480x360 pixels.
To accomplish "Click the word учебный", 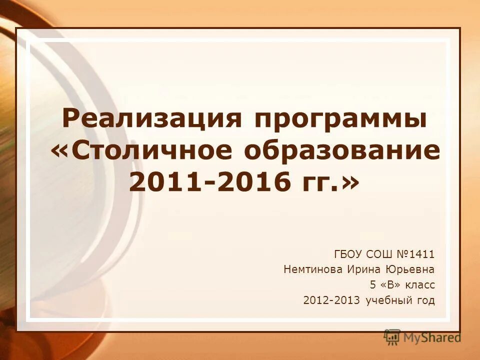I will click(389, 301).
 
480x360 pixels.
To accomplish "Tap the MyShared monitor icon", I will click(392, 337).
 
